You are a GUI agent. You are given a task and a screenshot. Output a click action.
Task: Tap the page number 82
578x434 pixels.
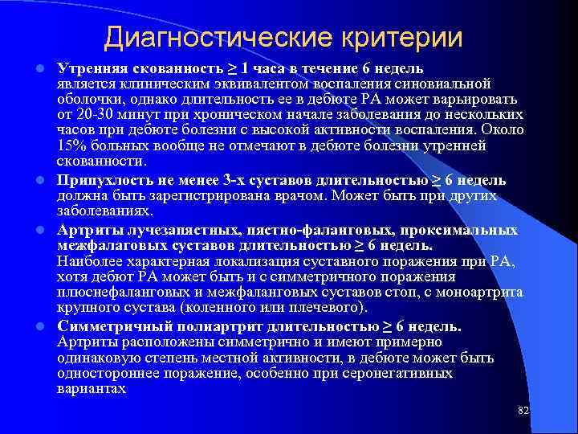523,411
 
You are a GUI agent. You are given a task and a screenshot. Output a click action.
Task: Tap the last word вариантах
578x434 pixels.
92,388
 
